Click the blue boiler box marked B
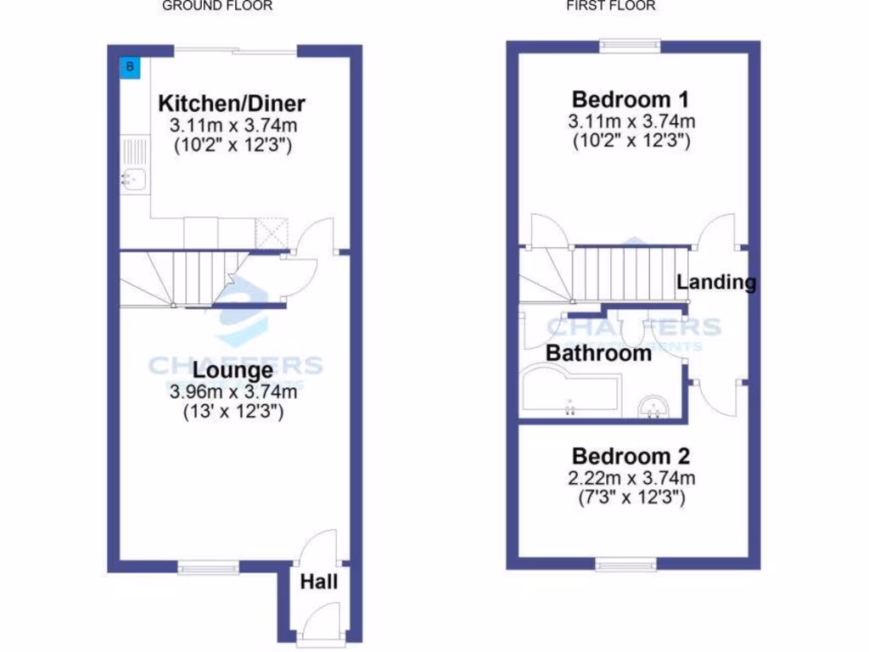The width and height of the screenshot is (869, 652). click(x=130, y=67)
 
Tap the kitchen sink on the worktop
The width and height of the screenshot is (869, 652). click(x=133, y=179)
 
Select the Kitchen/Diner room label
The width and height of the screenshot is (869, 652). click(x=232, y=104)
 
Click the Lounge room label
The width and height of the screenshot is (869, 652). click(x=233, y=371)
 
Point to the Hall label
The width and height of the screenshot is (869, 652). click(x=319, y=582)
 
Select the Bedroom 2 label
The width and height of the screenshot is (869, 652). click(x=631, y=455)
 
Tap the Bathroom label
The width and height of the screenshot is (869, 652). click(x=598, y=352)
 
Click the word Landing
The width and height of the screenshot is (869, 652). click(x=716, y=282)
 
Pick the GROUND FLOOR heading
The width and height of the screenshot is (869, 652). click(x=217, y=6)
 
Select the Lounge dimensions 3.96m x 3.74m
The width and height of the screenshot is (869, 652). click(x=233, y=392)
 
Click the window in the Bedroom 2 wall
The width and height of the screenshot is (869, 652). click(x=625, y=564)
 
